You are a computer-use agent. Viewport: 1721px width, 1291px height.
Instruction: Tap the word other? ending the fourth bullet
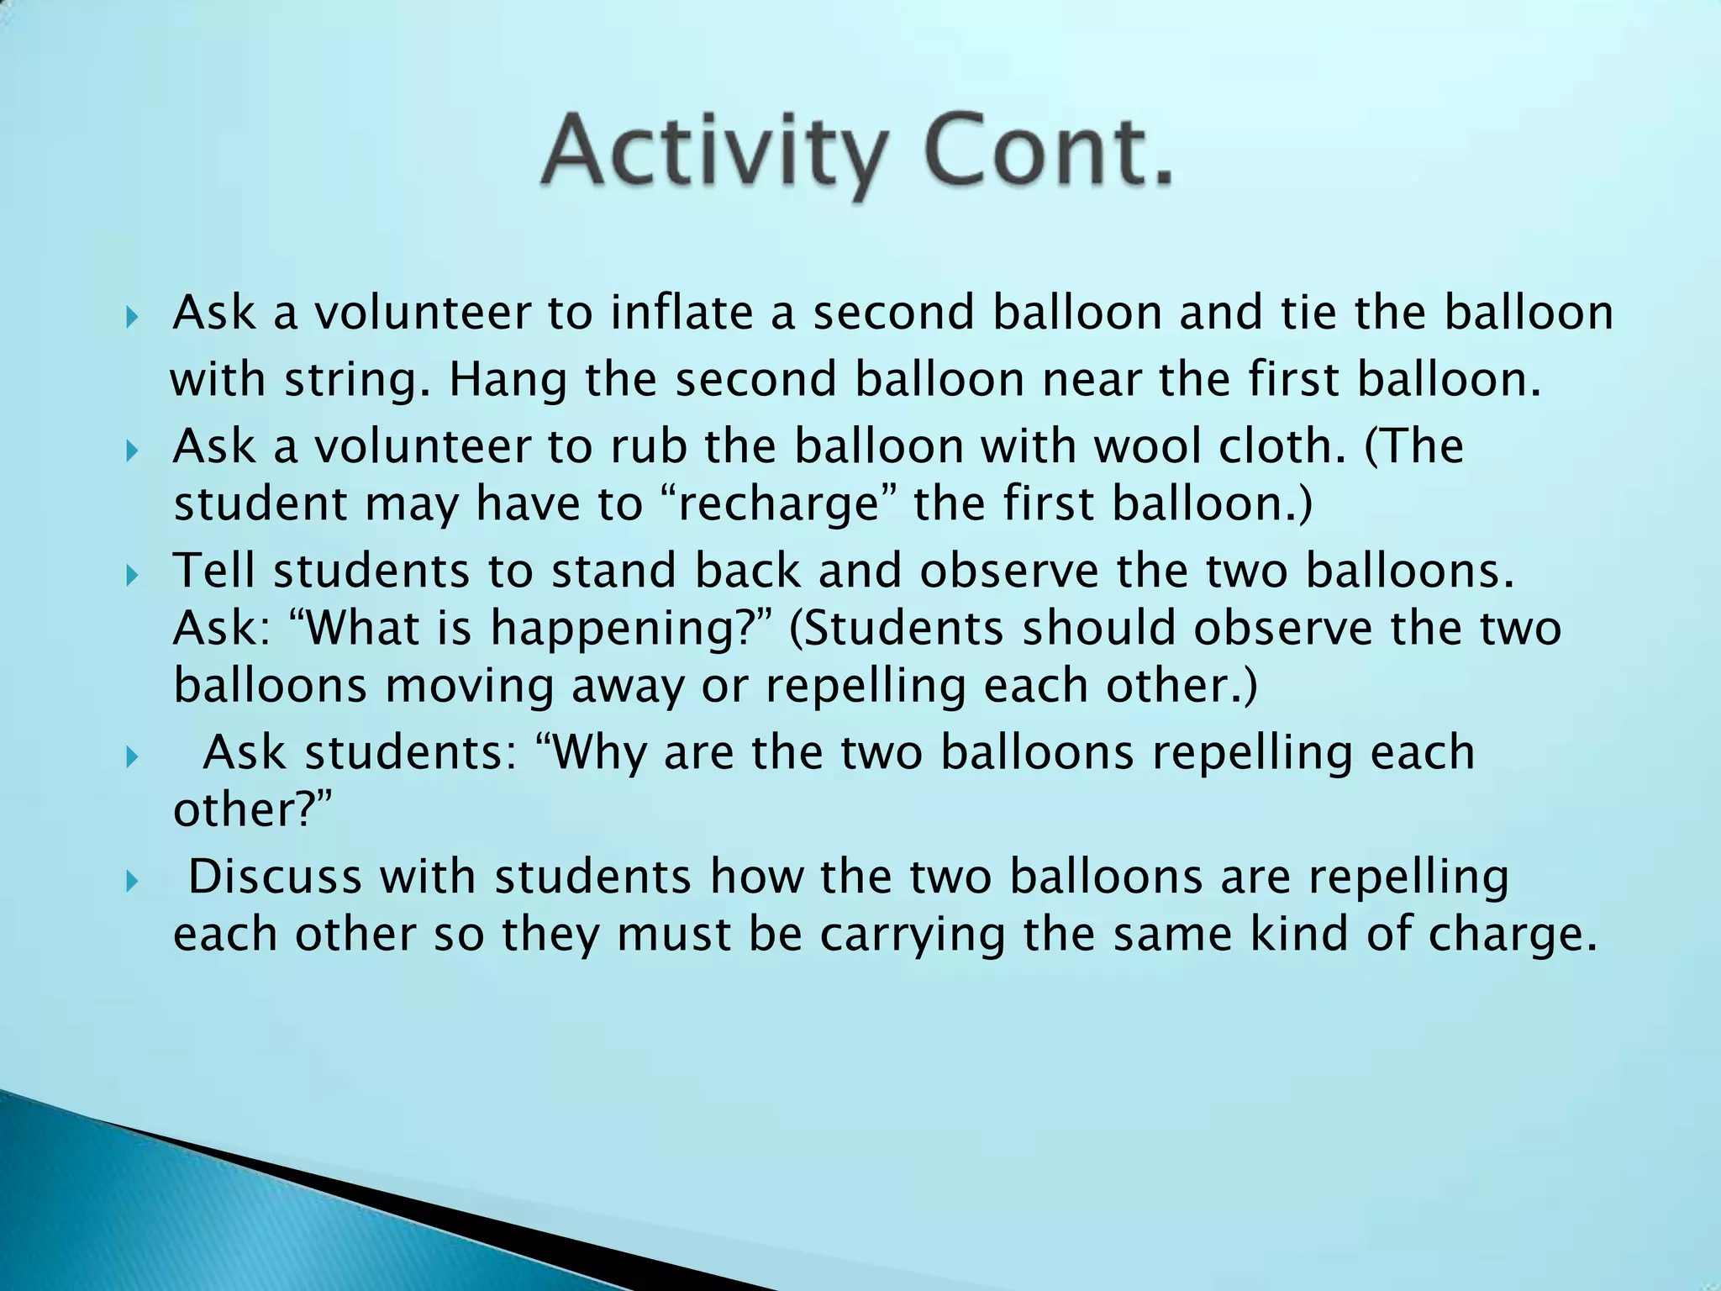tap(252, 809)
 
